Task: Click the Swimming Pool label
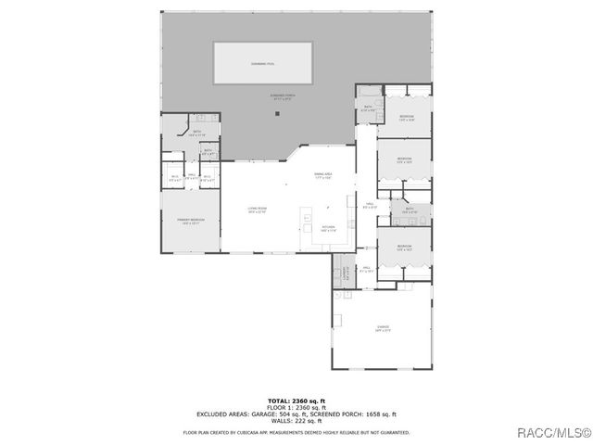coord(263,63)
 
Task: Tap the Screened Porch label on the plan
coord(282,96)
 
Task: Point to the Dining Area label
coord(322,176)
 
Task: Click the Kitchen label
coord(328,227)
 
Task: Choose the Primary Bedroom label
coord(191,221)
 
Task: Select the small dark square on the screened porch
coord(276,114)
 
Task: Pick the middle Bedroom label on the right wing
coord(404,159)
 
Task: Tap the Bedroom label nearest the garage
coord(404,248)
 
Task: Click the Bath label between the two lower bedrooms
coord(410,210)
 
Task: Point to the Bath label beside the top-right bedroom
coord(367,108)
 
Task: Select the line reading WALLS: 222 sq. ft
coord(296,419)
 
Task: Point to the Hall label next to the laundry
coord(367,271)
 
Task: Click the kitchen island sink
coord(307,222)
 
